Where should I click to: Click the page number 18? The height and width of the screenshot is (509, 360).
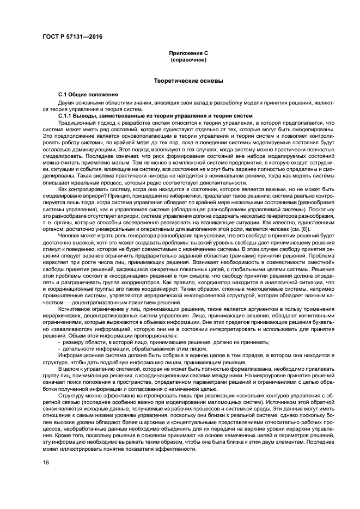point(45,463)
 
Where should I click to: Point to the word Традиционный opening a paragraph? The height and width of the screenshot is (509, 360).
point(76,123)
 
